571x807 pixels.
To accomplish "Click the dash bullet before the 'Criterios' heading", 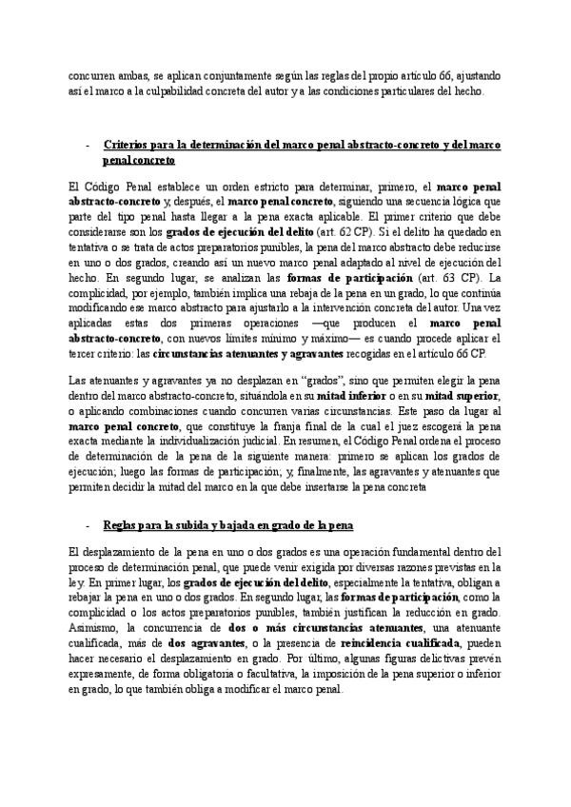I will (87, 146).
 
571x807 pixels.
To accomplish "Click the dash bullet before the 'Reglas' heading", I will (87, 525).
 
